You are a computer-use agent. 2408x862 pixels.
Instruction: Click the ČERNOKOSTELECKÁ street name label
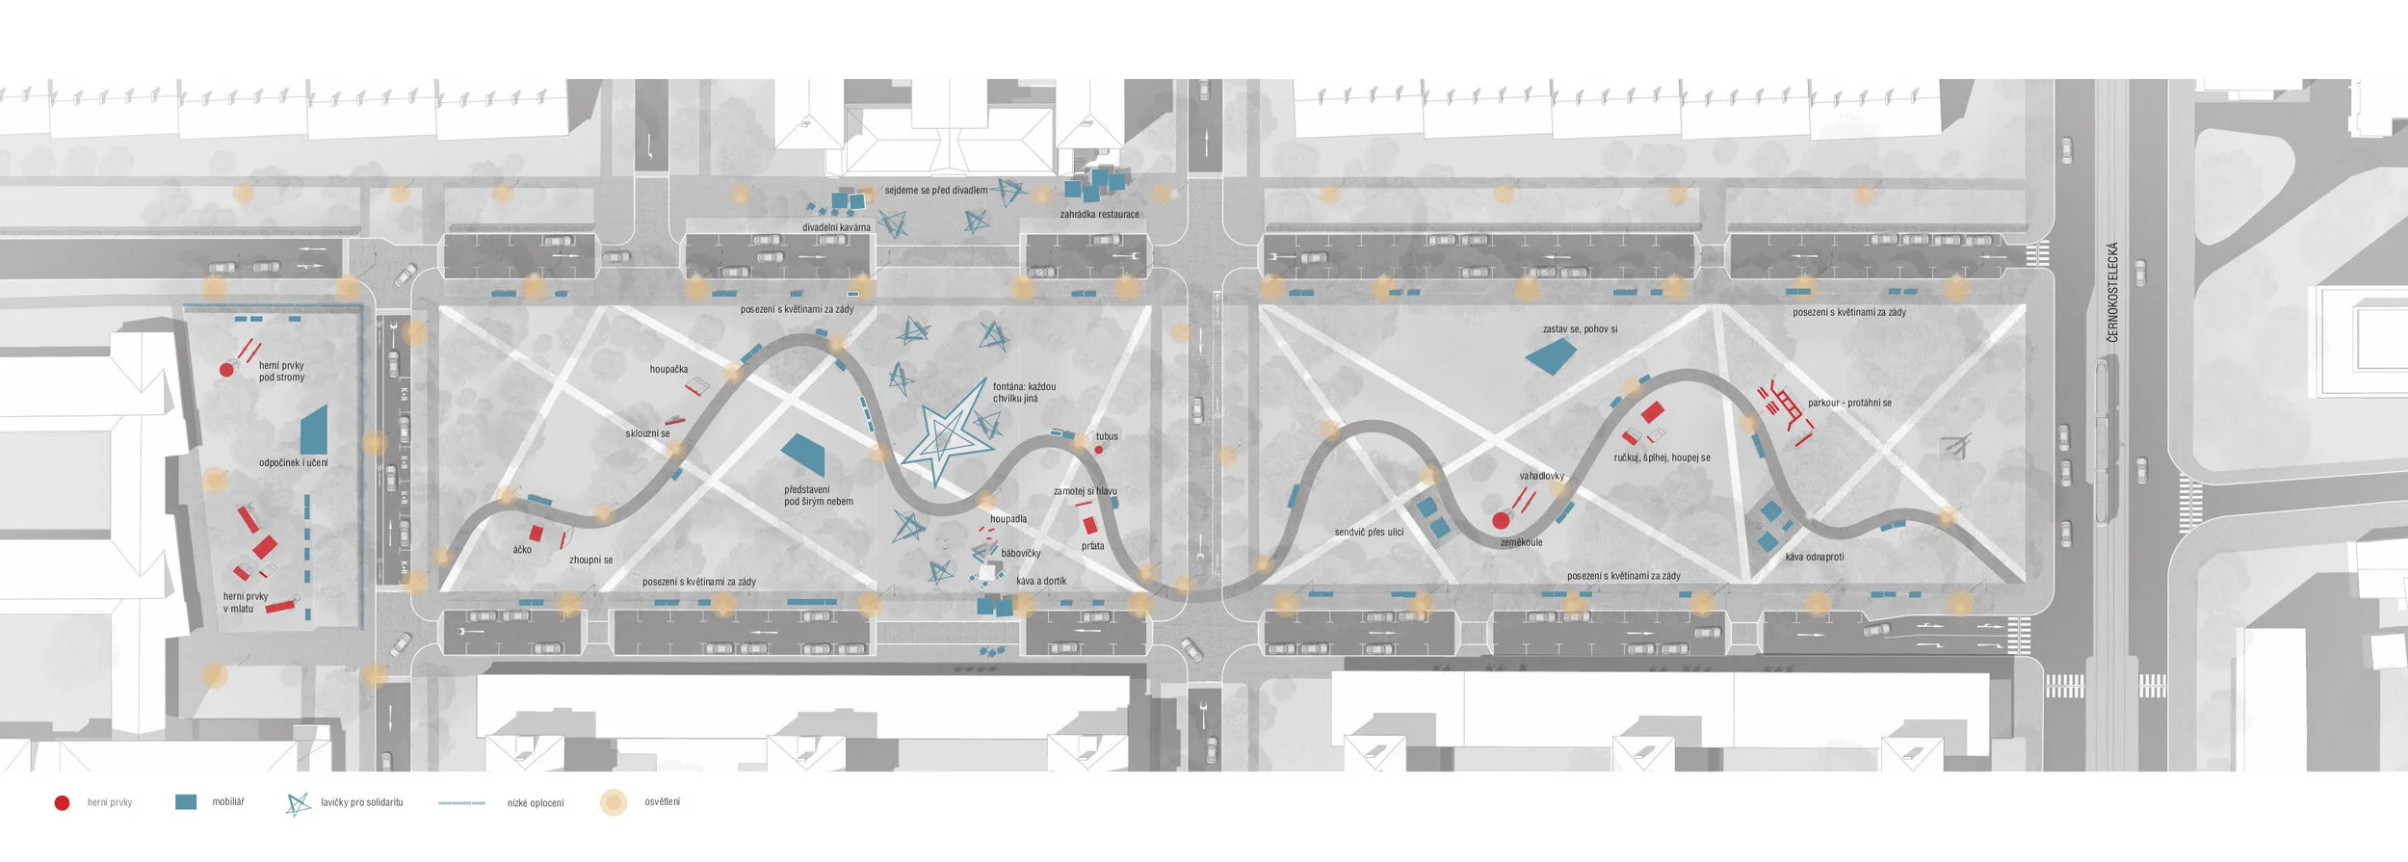point(2112,292)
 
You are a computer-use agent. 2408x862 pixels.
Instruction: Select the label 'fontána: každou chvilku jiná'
point(1024,392)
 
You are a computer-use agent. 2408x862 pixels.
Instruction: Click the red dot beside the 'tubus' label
point(1098,450)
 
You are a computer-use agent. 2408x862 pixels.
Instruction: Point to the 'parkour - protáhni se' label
point(1849,403)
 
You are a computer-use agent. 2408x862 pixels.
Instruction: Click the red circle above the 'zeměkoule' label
point(1500,521)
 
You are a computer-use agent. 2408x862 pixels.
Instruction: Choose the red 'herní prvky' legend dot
point(62,802)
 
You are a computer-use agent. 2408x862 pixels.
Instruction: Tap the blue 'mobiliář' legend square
point(186,801)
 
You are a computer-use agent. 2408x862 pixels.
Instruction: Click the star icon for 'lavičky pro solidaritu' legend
point(298,803)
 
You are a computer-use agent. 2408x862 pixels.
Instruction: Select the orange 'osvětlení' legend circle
point(614,802)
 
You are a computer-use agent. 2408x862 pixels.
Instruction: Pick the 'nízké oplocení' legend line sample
point(461,802)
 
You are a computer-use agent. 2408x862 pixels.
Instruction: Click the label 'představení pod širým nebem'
point(818,495)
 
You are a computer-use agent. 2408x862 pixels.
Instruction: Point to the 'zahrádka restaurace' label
point(1099,215)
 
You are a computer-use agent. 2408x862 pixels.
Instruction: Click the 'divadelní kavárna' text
point(836,228)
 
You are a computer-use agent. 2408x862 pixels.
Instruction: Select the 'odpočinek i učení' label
point(293,463)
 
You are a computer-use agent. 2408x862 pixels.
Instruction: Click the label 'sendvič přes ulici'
point(1369,533)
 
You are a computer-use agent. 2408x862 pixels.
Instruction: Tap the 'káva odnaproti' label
point(1814,558)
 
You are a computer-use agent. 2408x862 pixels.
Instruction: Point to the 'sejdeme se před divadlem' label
point(935,191)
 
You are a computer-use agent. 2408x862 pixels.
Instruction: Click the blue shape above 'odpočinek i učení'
point(314,430)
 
